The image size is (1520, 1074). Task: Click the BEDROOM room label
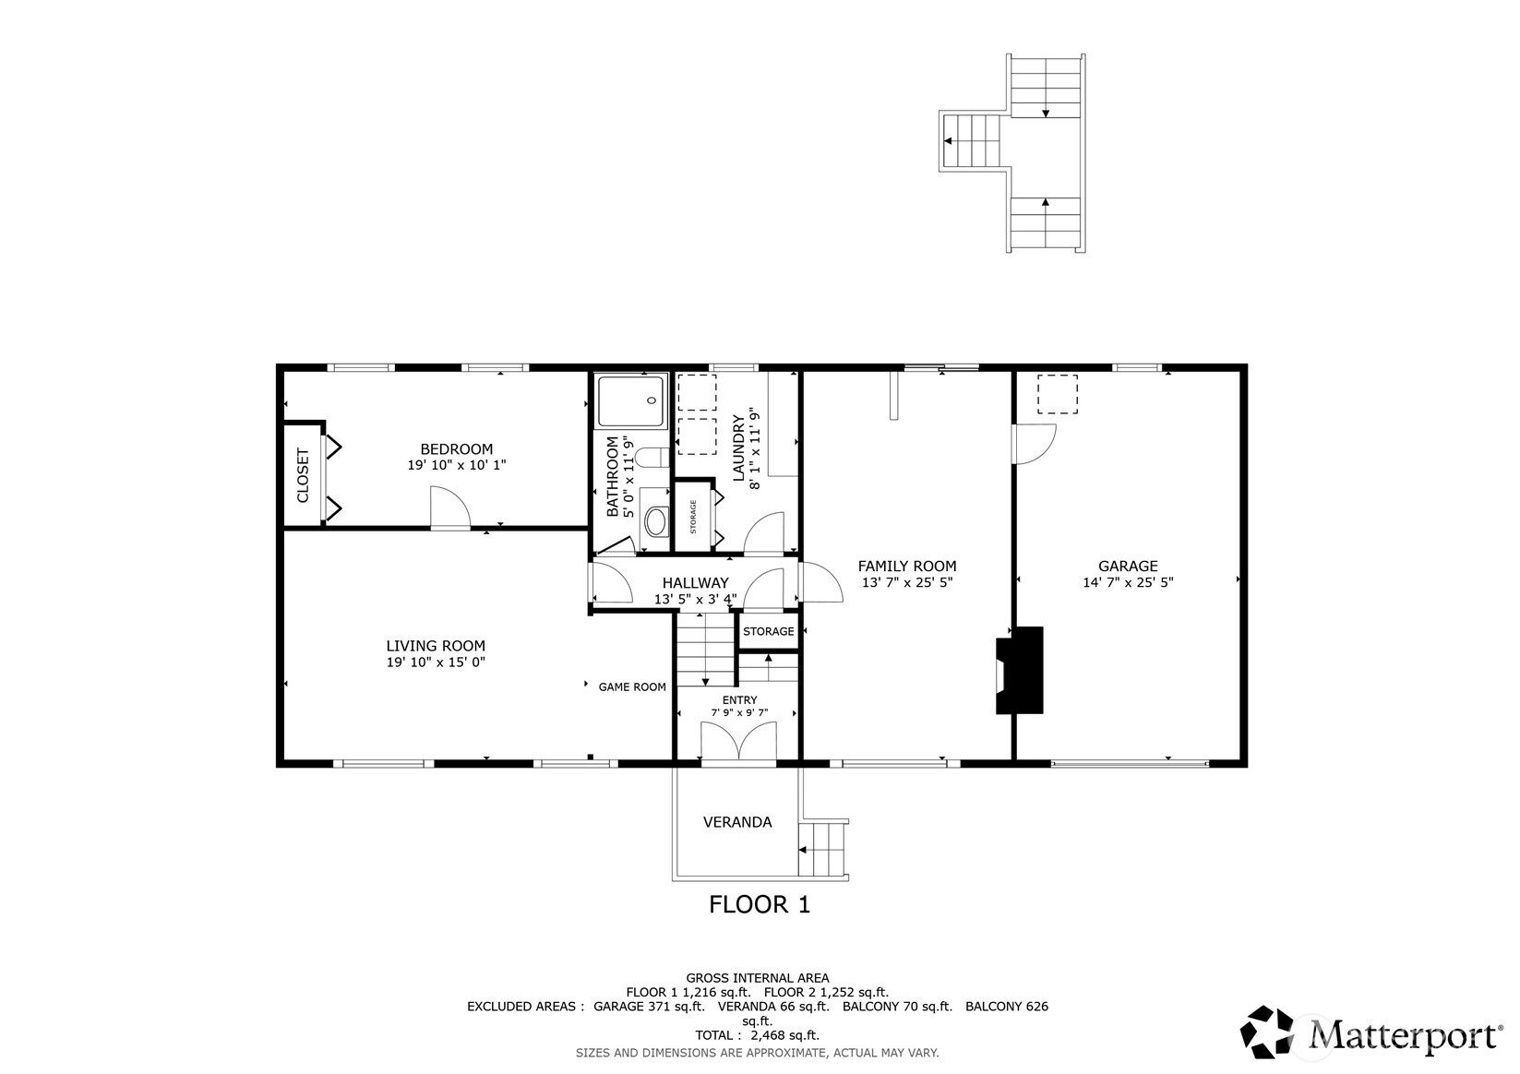coord(456,449)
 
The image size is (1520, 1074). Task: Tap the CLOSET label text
coord(303,475)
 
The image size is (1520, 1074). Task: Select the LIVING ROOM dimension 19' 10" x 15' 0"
coord(436,662)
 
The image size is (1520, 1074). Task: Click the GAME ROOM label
coord(632,686)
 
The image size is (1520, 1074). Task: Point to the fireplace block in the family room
coord(1020,671)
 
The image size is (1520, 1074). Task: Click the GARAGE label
coord(1128,567)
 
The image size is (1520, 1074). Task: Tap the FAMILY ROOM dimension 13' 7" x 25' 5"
coord(907,583)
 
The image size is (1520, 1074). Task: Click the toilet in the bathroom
coord(652,458)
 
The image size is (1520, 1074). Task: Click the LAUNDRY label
coord(738,448)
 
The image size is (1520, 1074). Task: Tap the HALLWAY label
coord(695,583)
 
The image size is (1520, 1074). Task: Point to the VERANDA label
coord(737,822)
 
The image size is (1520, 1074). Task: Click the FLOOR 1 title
coord(759,904)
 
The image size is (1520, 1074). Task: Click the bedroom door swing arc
coord(451,507)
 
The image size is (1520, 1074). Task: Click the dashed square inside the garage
coord(1058,394)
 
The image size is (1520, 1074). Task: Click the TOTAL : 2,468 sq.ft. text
coord(757,1035)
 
